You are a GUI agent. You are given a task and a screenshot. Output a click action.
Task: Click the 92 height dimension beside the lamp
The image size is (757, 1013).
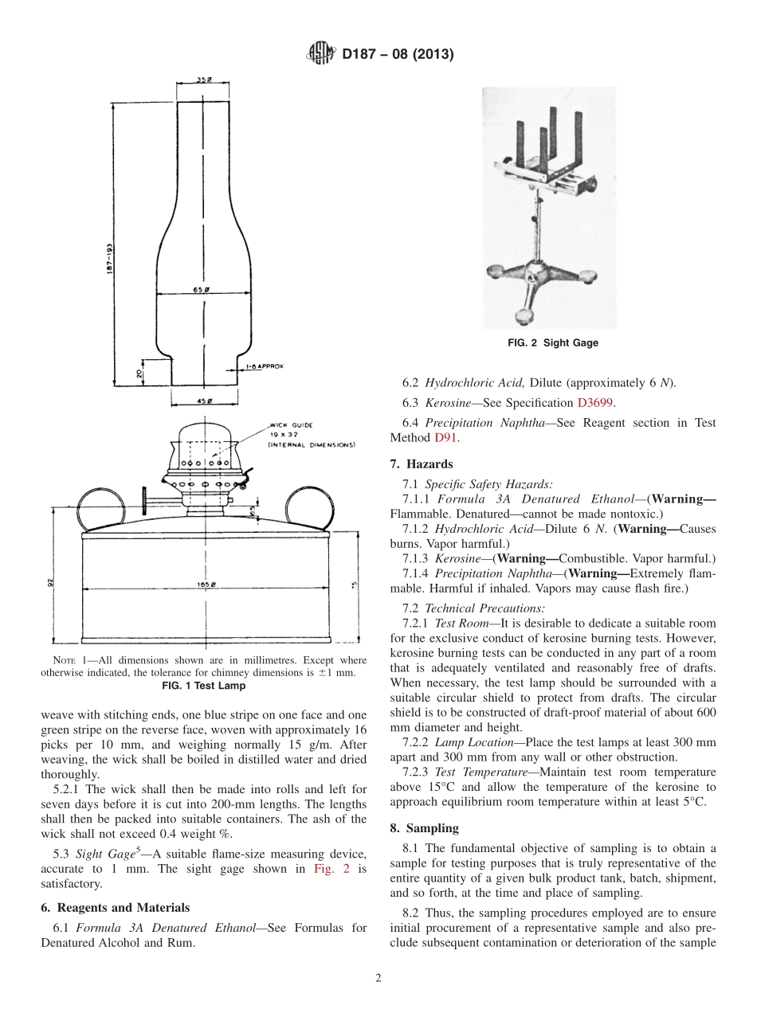(x=50, y=582)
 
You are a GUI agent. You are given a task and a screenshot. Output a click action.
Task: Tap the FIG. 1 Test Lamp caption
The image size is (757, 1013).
(x=204, y=686)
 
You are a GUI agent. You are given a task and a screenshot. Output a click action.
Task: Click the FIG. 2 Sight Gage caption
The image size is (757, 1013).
(x=553, y=343)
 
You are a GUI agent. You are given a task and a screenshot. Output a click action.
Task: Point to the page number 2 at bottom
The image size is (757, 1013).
(x=378, y=979)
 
